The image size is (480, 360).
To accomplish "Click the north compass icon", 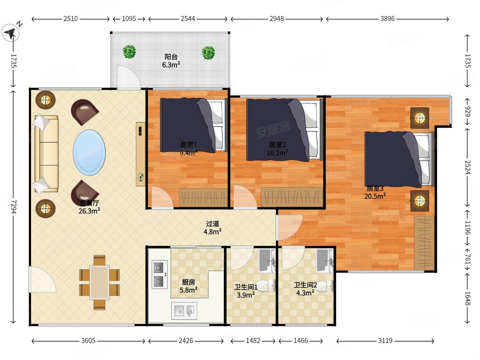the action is point(11,32).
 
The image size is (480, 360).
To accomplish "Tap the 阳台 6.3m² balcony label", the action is point(171,61).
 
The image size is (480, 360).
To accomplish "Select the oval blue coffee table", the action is point(89,152).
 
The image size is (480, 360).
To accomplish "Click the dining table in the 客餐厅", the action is point(100,282).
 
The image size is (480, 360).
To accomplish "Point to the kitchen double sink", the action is point(184,311).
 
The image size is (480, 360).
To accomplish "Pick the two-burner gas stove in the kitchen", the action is point(160,274).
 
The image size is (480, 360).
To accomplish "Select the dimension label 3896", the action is point(387,19).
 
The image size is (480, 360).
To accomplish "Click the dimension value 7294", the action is point(14,207).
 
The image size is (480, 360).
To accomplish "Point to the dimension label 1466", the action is point(301,340).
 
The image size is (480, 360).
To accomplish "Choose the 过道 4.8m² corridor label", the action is point(212,228).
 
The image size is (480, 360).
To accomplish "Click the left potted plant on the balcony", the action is point(129,52).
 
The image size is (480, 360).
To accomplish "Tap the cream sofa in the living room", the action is point(46,154).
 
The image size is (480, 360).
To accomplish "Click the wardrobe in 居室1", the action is point(203,197).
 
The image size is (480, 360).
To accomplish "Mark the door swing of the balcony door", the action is point(128,77).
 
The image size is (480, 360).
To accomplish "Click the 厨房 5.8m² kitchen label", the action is point(188,286).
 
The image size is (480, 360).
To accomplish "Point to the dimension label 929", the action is point(467,112).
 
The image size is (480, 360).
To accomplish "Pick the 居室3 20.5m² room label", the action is point(375,192).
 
